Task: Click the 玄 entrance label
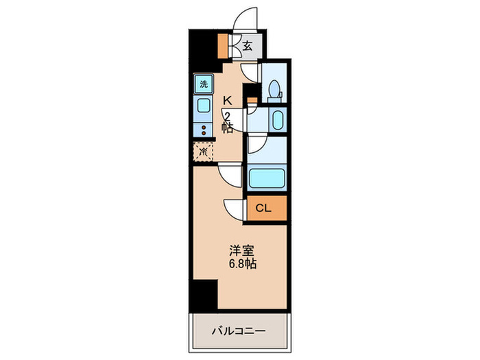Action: pyautogui.click(x=248, y=47)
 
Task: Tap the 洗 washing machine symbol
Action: pyautogui.click(x=203, y=84)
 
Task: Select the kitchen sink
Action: pyautogui.click(x=204, y=106)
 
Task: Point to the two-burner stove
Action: pyautogui.click(x=204, y=129)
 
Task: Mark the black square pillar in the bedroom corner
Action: pyautogui.click(x=204, y=293)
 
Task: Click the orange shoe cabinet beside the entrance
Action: pyautogui.click(x=223, y=45)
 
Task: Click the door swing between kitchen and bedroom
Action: pyautogui.click(x=230, y=176)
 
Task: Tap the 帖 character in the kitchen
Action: pyautogui.click(x=227, y=128)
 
